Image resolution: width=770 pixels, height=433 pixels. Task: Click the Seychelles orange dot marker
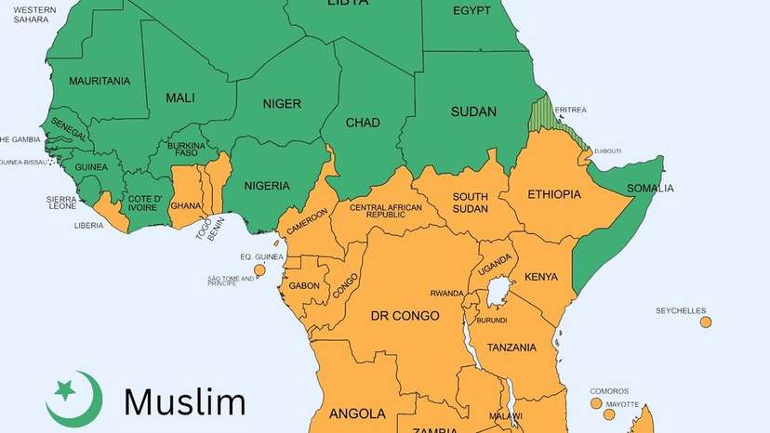click(x=706, y=322)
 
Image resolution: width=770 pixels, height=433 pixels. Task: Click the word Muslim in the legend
click(x=185, y=401)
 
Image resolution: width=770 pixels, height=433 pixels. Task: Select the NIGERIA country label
click(x=267, y=186)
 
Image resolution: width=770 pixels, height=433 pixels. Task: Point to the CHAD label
click(x=363, y=123)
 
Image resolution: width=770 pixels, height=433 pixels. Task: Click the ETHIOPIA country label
click(x=553, y=194)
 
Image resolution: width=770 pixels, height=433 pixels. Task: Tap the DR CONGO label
click(x=405, y=316)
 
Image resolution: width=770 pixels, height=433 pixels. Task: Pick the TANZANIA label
click(x=511, y=348)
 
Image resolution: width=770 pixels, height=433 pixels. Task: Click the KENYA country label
click(x=540, y=277)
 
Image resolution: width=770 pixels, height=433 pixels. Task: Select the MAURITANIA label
click(x=100, y=81)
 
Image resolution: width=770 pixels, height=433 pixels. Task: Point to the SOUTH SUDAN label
click(x=471, y=203)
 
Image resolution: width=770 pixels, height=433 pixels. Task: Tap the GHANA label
click(x=186, y=205)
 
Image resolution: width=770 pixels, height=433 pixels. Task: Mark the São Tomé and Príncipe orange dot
click(x=259, y=270)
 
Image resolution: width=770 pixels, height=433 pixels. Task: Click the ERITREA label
click(x=570, y=110)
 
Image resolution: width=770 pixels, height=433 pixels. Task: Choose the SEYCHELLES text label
click(x=681, y=310)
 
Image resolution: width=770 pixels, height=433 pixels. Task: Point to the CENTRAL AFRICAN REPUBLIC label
click(x=385, y=212)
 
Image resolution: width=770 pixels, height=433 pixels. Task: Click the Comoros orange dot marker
click(x=596, y=403)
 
